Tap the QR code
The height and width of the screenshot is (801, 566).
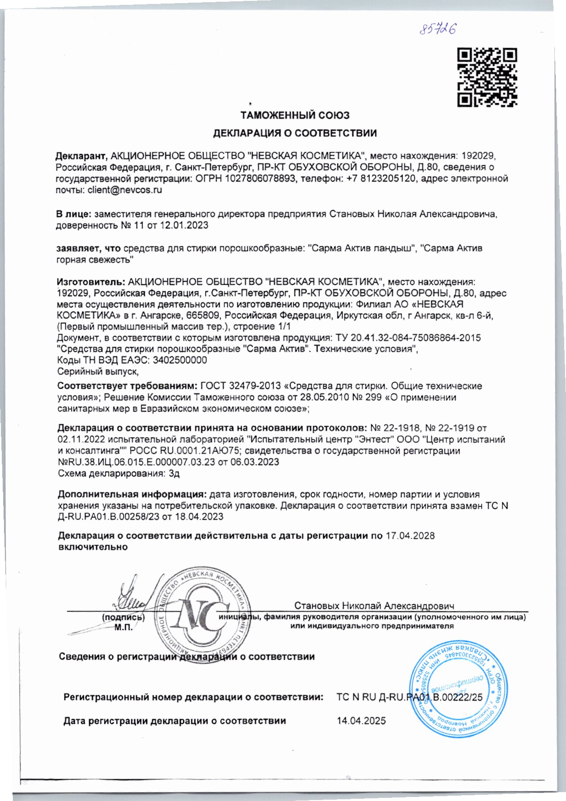[487, 77]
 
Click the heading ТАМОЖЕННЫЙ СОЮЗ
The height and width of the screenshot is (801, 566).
[295, 115]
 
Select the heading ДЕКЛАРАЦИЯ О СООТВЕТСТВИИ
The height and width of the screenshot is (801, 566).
[295, 133]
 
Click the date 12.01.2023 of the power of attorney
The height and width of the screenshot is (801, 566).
[184, 225]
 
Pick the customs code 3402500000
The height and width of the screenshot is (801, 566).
[179, 360]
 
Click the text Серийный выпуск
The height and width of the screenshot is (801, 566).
[98, 371]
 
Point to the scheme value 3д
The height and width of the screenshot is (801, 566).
[174, 473]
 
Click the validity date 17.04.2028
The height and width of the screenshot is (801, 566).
[410, 535]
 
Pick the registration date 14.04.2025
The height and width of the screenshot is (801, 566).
[361, 721]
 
